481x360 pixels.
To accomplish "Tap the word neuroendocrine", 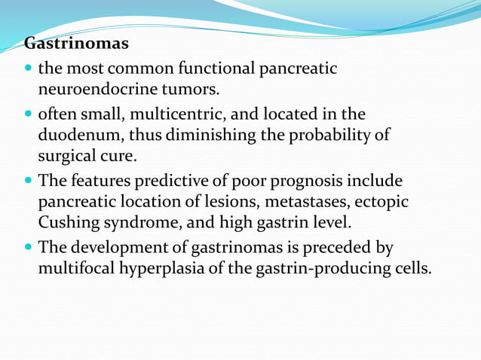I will pyautogui.click(x=87, y=90).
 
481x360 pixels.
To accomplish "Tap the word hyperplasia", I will pyautogui.click(x=155, y=269).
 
